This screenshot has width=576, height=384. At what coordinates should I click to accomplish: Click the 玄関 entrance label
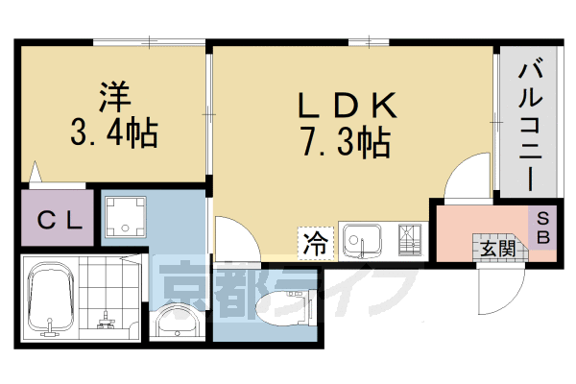[x=497, y=250]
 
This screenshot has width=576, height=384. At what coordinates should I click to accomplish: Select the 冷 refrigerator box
[x=315, y=243]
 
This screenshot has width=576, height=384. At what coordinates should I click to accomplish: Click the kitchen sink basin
[x=362, y=239]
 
